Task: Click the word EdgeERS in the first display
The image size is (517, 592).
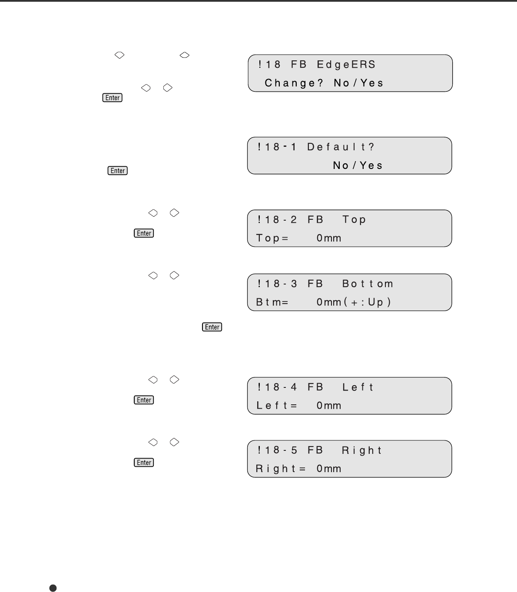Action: coord(346,65)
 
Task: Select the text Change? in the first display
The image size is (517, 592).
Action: coord(294,83)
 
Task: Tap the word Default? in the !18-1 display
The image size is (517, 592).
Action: coord(341,147)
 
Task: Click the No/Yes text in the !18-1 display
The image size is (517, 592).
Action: coord(358,165)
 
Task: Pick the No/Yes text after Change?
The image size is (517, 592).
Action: coord(359,83)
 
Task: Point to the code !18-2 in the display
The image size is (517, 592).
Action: coord(277,220)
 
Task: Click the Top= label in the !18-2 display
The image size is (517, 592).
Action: coord(272,238)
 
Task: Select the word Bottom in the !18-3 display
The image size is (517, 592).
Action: coord(368,284)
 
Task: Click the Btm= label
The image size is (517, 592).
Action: coord(272,302)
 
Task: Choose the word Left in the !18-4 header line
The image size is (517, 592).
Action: coord(358,387)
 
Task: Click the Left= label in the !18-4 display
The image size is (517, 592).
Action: coord(277,406)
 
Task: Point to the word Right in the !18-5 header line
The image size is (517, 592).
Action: coord(362,450)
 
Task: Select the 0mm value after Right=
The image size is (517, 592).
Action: coord(329,469)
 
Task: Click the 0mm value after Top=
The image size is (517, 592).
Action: coord(329,238)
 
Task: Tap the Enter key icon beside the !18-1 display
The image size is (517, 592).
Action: coord(118,171)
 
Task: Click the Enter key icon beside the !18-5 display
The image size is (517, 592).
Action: coord(144,463)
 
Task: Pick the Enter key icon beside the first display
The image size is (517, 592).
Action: coord(113,98)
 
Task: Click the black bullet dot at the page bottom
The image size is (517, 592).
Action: coord(53,588)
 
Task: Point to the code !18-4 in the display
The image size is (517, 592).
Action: coord(277,387)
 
